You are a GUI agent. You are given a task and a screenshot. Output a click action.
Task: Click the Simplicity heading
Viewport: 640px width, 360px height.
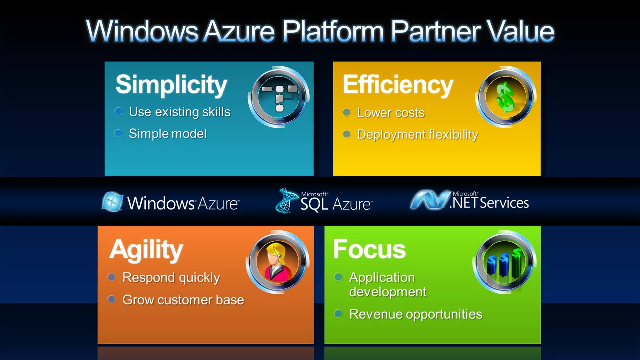[171, 85]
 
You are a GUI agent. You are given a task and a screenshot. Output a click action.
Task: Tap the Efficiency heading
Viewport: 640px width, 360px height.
[398, 85]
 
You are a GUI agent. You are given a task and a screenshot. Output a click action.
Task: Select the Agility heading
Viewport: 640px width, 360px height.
[146, 250]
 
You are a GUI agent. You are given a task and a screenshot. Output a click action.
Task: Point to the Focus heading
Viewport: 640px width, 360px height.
[369, 249]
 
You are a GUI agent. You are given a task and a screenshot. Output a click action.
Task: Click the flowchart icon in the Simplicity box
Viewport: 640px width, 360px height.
[279, 97]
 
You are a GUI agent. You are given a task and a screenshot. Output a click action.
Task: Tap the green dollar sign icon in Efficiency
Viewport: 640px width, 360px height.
[505, 97]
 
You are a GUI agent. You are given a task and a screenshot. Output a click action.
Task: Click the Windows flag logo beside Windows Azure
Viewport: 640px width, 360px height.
[112, 202]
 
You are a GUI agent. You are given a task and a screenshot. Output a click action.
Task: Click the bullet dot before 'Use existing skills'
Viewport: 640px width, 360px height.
[118, 112]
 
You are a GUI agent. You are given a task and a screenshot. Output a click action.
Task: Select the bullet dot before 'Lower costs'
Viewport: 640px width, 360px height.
[347, 112]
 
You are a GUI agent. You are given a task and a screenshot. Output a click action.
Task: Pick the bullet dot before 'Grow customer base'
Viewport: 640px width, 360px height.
[112, 300]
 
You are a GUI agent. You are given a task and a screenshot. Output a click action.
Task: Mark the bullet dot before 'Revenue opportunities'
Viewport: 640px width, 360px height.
[338, 314]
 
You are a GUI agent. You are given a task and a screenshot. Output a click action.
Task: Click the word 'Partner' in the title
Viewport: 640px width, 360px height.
[436, 31]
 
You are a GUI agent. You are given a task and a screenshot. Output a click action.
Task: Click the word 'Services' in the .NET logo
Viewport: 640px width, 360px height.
[504, 203]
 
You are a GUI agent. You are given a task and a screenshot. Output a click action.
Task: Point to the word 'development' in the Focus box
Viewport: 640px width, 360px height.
[387, 292]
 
